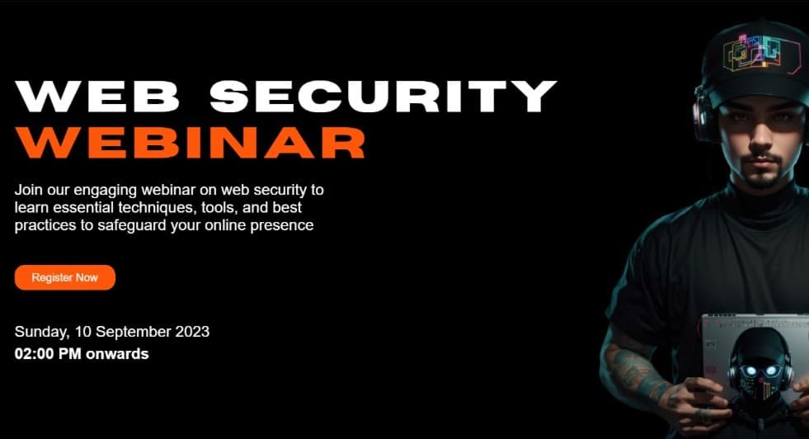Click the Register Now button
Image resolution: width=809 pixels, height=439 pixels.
click(64, 278)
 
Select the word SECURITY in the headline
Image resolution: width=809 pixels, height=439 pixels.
click(383, 97)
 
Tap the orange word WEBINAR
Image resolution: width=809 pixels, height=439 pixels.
click(190, 142)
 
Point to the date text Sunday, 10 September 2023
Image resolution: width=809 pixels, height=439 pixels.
click(112, 332)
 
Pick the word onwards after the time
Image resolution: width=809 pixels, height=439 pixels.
click(121, 354)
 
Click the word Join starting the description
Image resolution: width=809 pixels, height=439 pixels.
click(29, 190)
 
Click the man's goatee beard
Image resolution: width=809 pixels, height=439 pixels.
click(760, 175)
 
